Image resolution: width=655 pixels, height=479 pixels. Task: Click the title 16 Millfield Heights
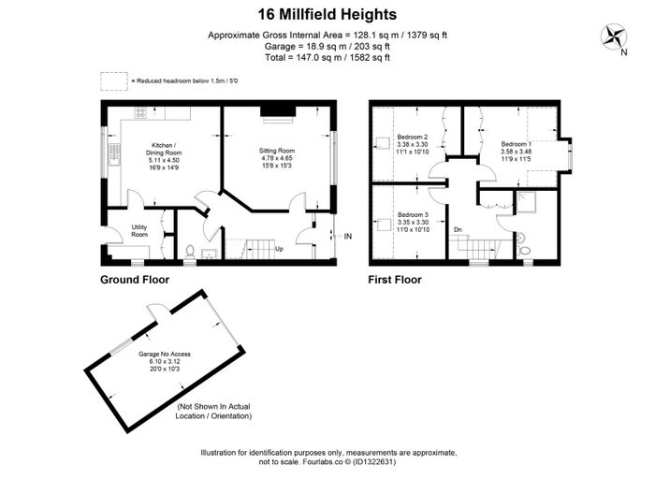[327, 15]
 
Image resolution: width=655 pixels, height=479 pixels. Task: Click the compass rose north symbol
[613, 36]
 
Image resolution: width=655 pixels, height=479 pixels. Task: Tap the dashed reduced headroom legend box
[114, 81]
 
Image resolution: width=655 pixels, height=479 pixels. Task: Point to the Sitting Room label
[277, 158]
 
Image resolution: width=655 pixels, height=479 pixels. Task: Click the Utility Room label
[139, 230]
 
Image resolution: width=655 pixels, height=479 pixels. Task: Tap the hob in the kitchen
[140, 113]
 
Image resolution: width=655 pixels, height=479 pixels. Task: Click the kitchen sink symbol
[114, 154]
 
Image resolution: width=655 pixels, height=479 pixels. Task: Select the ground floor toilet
[190, 253]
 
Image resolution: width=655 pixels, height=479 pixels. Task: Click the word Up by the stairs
[279, 249]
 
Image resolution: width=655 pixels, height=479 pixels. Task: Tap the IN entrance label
[348, 237]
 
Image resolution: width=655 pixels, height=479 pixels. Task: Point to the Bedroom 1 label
[517, 152]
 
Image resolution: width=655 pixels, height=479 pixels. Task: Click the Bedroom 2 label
[413, 144]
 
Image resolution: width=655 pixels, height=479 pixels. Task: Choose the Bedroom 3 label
[413, 222]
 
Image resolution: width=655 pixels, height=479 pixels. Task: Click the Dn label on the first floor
[458, 230]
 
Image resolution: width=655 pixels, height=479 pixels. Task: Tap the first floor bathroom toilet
[523, 251]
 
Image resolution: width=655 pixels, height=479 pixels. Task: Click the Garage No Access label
[165, 362]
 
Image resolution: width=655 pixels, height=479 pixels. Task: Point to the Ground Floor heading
[135, 280]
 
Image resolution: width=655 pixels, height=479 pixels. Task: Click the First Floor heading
[395, 280]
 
